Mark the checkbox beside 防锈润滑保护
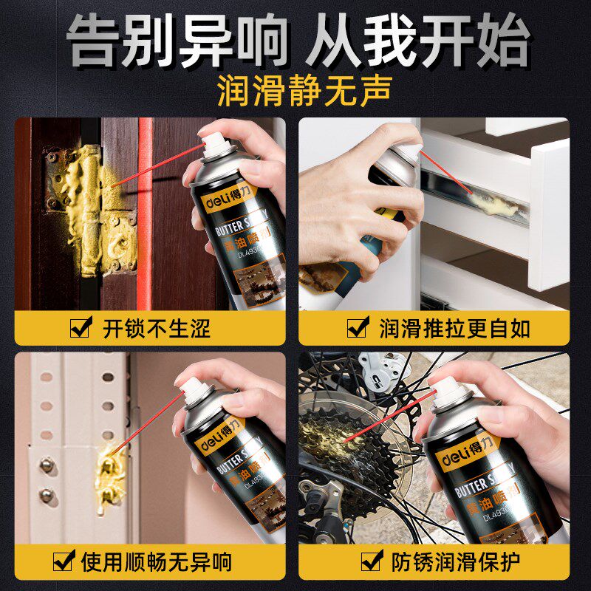pos(372,561)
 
